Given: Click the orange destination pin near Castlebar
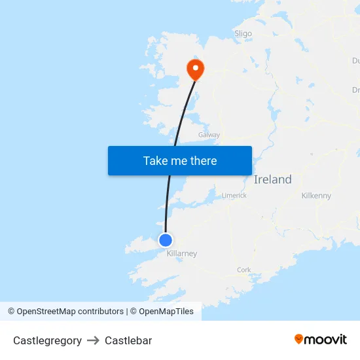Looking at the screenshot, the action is (x=195, y=68).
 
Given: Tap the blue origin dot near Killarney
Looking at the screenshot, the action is (x=166, y=240).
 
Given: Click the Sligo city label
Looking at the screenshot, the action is (x=243, y=33).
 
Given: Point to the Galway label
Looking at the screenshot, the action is (x=209, y=135).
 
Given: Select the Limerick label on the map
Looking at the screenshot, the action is (x=234, y=195).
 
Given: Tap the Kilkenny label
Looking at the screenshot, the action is (x=316, y=196).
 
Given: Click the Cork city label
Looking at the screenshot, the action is (x=243, y=270).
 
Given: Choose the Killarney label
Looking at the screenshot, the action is (x=181, y=254).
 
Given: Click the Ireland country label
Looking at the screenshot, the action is (x=272, y=179).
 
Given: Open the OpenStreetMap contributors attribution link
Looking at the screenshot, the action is (x=70, y=312).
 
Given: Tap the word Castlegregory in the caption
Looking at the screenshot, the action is (x=47, y=340).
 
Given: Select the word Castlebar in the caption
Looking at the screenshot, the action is (x=128, y=340).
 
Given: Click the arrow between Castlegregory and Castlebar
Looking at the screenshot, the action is (x=93, y=340).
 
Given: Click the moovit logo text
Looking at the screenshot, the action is (x=326, y=339).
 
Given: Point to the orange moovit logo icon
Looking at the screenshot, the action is (x=299, y=339).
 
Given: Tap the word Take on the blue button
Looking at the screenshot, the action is (x=156, y=160).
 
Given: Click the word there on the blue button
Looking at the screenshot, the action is (x=202, y=160).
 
